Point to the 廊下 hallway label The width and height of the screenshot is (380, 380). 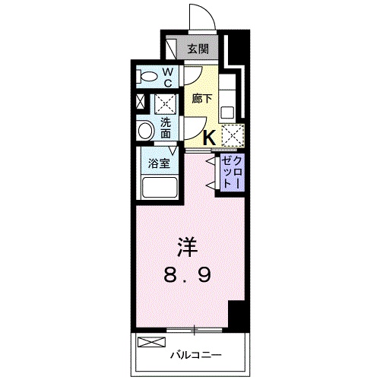tap(201, 100)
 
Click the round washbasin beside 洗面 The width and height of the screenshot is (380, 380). tap(145, 131)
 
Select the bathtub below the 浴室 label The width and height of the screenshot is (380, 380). tap(157, 188)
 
